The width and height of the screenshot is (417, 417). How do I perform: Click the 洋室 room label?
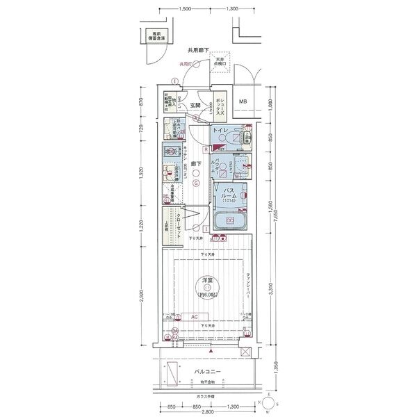tap(207, 280)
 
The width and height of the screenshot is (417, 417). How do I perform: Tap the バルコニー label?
tap(207, 372)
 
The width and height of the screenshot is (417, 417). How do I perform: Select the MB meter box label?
tap(243, 103)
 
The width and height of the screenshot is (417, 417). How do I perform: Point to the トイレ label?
tap(219, 131)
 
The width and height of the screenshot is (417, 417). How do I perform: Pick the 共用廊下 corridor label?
tap(199, 51)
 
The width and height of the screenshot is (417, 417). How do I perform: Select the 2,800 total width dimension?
tap(206, 411)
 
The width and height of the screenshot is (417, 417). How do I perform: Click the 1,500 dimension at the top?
tap(184, 10)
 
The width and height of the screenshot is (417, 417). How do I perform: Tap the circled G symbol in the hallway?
tap(197, 183)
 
